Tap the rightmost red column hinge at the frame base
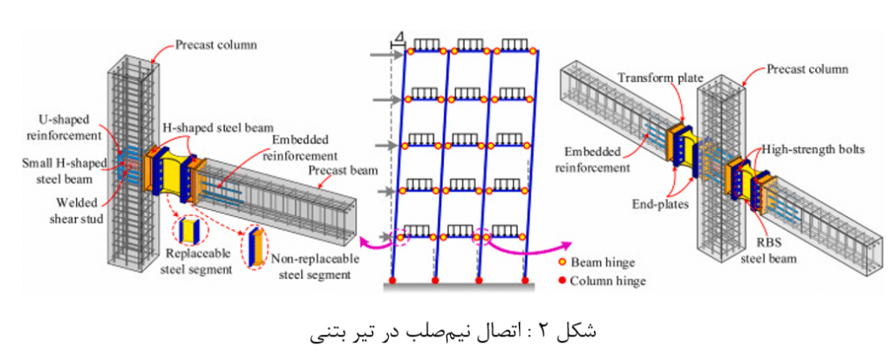click(523, 281)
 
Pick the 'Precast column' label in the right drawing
click(808, 70)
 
